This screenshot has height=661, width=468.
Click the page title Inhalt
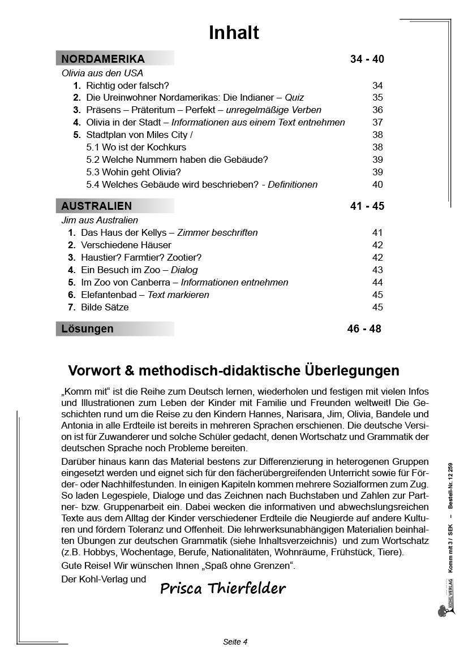pyautogui.click(x=234, y=33)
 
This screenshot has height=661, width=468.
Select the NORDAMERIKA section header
pyautogui.click(x=103, y=59)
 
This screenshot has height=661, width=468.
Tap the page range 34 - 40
pyautogui.click(x=367, y=59)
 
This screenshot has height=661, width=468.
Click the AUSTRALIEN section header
pyautogui.click(x=96, y=206)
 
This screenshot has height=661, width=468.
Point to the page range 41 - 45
pyautogui.click(x=367, y=206)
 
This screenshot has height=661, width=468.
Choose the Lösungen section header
pyautogui.click(x=87, y=329)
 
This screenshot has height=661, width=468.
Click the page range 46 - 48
pyautogui.click(x=364, y=329)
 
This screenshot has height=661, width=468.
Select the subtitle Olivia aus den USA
pyautogui.click(x=102, y=73)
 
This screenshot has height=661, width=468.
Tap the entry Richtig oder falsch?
pyautogui.click(x=127, y=85)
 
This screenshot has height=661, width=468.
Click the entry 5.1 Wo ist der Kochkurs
pyautogui.click(x=136, y=147)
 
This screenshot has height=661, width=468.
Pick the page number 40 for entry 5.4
pyautogui.click(x=377, y=184)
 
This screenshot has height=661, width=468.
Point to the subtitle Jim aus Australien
pyautogui.click(x=100, y=220)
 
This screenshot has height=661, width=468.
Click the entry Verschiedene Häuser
pyautogui.click(x=126, y=245)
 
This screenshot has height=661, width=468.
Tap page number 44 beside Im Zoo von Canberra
pyautogui.click(x=377, y=282)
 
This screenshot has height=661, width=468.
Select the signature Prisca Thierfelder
pyautogui.click(x=223, y=589)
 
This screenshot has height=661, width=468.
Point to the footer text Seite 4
pyautogui.click(x=235, y=641)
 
